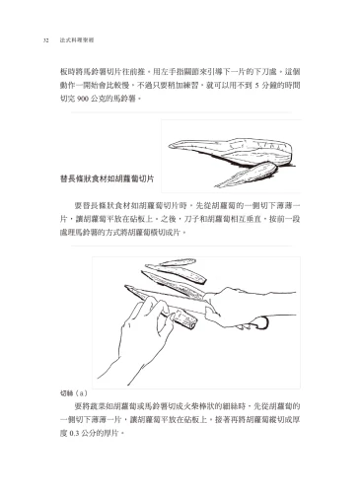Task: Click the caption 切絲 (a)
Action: coord(74,392)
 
